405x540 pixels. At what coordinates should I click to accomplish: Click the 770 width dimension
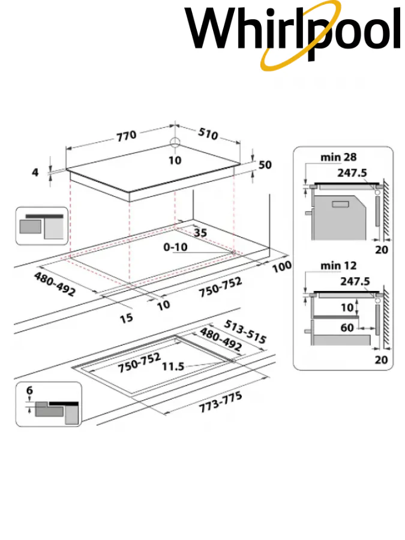[127, 135]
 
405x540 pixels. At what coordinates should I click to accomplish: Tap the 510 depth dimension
[207, 134]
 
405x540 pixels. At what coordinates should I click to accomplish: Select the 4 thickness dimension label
[35, 173]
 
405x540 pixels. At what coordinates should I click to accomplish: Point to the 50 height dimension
[265, 164]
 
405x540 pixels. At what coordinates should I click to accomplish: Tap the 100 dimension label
[282, 266]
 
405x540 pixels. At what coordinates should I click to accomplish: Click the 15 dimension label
[126, 318]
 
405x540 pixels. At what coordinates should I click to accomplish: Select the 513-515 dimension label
[245, 331]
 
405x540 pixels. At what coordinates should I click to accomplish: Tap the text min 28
[338, 157]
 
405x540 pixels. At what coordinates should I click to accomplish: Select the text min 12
[338, 265]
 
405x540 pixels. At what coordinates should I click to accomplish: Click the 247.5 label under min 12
[355, 281]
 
